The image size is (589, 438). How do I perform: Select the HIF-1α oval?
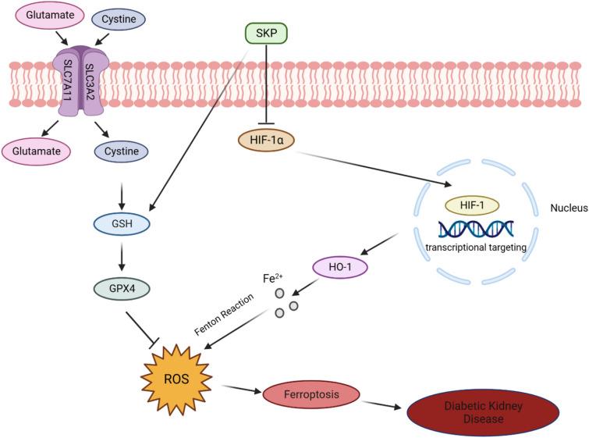[265, 141]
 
